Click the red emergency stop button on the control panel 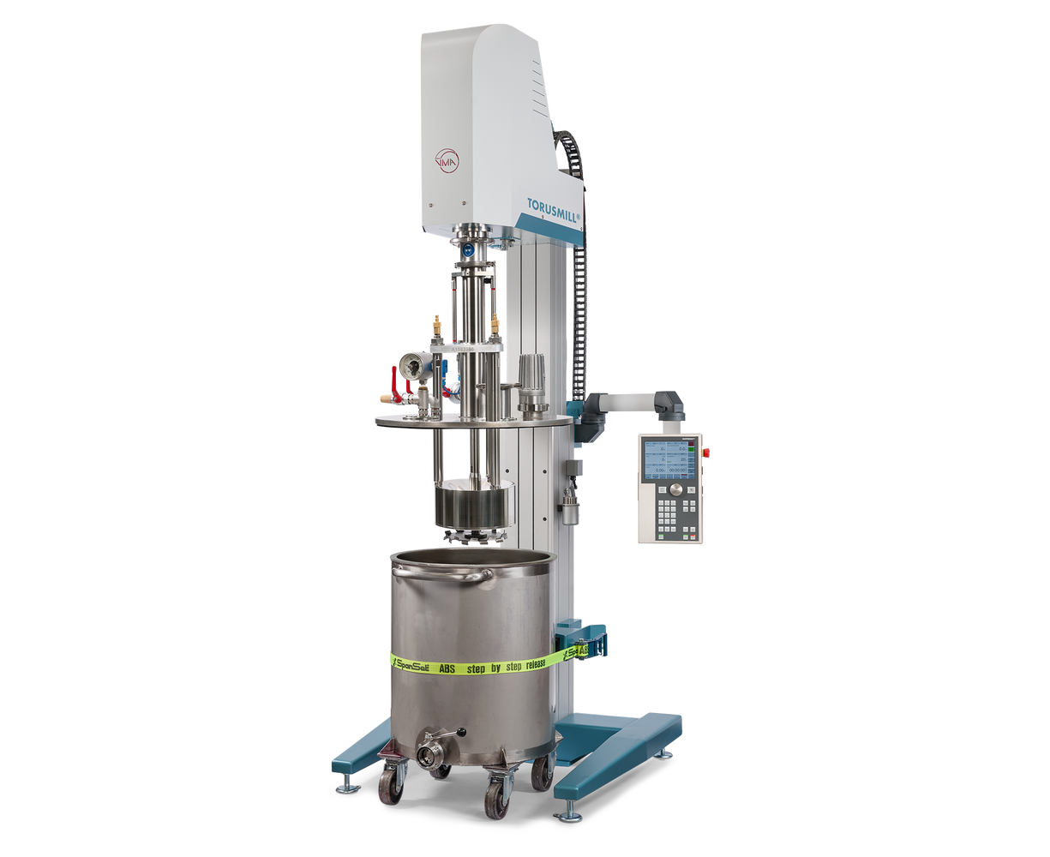point(707,451)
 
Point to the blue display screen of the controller point(669,460)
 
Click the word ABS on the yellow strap point(447,666)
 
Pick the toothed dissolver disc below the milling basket point(472,536)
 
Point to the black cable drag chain point(580,257)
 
